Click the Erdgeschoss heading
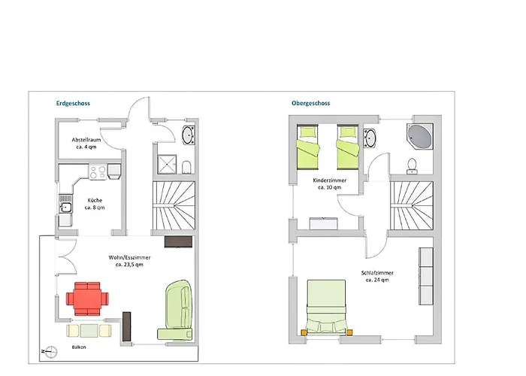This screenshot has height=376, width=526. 74,103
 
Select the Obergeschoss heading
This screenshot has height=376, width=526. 311,103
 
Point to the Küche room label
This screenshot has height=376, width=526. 95,203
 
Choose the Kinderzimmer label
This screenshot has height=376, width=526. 331,185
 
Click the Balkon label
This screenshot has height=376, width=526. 78,347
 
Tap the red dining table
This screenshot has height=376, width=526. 86,299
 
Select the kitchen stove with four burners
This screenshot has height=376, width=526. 98,172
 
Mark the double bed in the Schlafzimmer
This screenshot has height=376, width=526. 326,306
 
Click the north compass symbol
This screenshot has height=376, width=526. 47,350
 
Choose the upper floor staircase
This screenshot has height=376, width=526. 412,204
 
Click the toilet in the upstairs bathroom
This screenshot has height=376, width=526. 412,165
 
